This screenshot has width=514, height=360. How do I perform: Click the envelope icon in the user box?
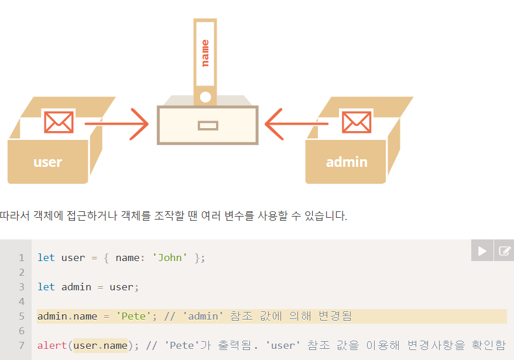[59, 122]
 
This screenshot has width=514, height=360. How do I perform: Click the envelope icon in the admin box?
[356, 122]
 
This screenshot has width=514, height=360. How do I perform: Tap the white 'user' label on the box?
[47, 162]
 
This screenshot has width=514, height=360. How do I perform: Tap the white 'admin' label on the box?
[347, 162]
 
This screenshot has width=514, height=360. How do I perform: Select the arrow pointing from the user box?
[117, 124]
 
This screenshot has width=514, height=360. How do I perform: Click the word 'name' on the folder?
[205, 53]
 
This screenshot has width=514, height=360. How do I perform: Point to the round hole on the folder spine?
[205, 97]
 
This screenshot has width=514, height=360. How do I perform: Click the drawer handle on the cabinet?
[208, 125]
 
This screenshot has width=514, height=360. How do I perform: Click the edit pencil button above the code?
[504, 251]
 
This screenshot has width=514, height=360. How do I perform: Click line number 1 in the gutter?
[22, 258]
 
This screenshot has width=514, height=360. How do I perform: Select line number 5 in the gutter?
[22, 316]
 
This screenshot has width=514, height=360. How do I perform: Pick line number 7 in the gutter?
[22, 345]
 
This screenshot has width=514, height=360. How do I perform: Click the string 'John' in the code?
[170, 258]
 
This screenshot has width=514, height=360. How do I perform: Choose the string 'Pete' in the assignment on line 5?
[134, 316]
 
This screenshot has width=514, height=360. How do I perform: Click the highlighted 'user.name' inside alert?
[100, 345]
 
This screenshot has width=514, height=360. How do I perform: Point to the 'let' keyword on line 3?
[46, 287]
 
